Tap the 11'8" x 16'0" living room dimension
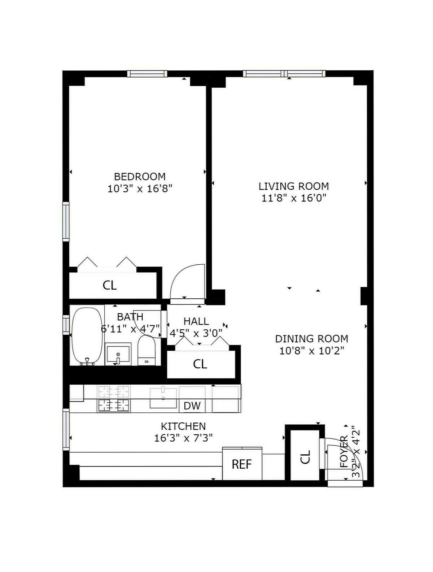pyautogui.click(x=294, y=198)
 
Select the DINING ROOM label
pyautogui.click(x=311, y=339)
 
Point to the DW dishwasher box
pyautogui.click(x=192, y=406)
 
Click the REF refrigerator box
pyautogui.click(x=242, y=464)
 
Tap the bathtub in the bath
pyautogui.click(x=87, y=336)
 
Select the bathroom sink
pyautogui.click(x=118, y=354)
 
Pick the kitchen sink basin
pyautogui.click(x=163, y=398)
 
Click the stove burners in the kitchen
pyautogui.click(x=114, y=398)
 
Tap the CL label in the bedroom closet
pyautogui.click(x=110, y=285)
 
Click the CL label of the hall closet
pyautogui.click(x=200, y=364)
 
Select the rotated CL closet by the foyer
pyautogui.click(x=305, y=457)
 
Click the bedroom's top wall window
pyautogui.click(x=147, y=74)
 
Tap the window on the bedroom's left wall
pyautogui.click(x=66, y=221)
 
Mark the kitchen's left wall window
pyautogui.click(x=66, y=429)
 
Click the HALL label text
pyautogui.click(x=196, y=321)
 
